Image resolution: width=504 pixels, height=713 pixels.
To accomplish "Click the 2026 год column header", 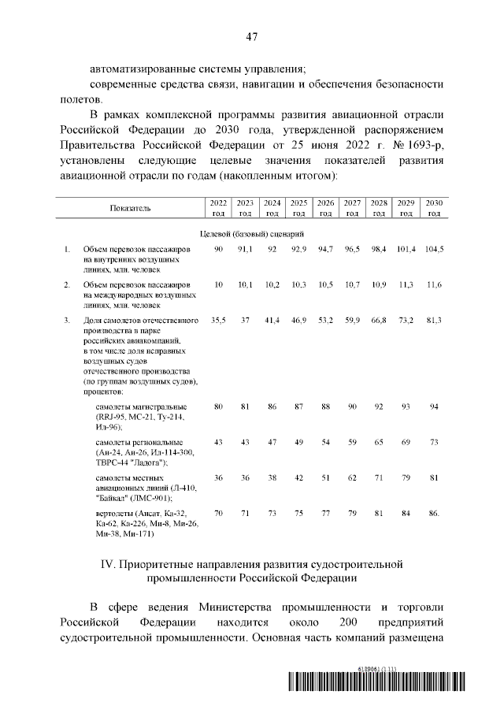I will coord(325,208).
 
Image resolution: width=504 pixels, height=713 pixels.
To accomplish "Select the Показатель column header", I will coord(131,208).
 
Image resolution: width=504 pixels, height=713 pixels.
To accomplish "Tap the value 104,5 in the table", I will coord(434,249).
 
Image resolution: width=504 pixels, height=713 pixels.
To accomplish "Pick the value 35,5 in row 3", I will coord(218,320).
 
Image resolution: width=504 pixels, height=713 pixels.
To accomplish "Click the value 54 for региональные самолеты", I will coord(325,442).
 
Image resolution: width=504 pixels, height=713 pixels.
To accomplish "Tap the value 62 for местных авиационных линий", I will coord(352,477).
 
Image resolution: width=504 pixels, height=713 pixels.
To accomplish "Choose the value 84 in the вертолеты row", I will coord(406,514).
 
